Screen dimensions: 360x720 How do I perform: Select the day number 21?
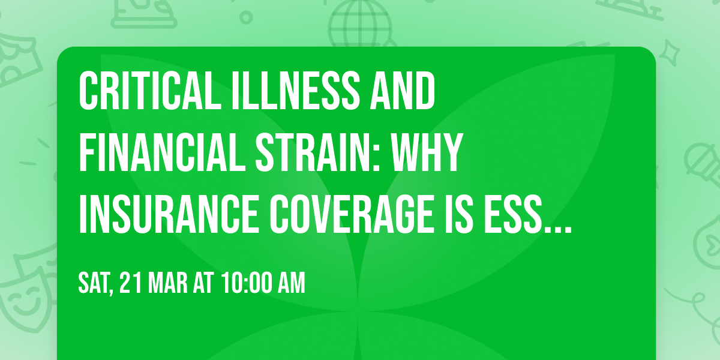(x=130, y=284)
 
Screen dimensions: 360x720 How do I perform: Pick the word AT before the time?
(x=203, y=284)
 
